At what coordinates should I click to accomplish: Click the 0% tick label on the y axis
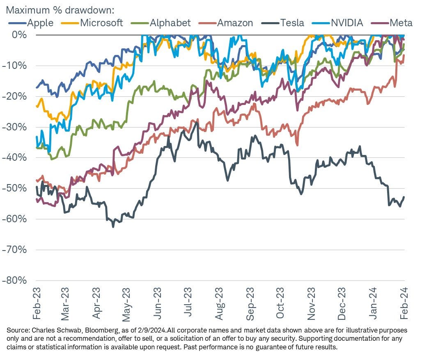point(20,35)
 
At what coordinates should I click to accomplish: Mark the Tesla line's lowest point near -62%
point(113,226)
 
